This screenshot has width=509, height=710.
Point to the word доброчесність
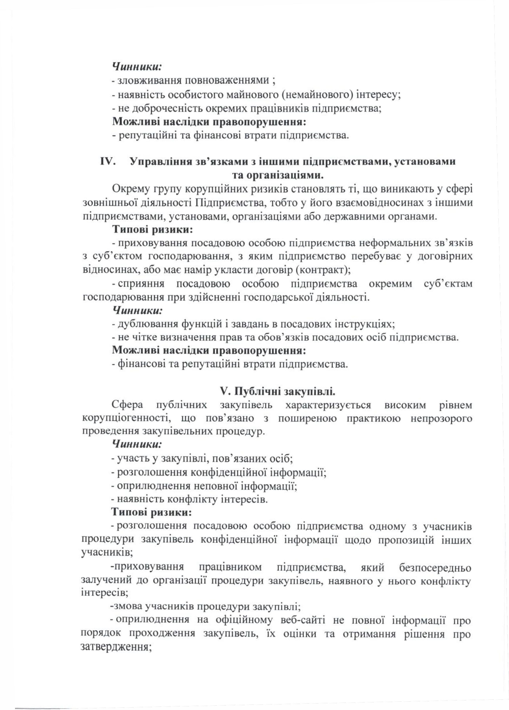pos(158,108)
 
